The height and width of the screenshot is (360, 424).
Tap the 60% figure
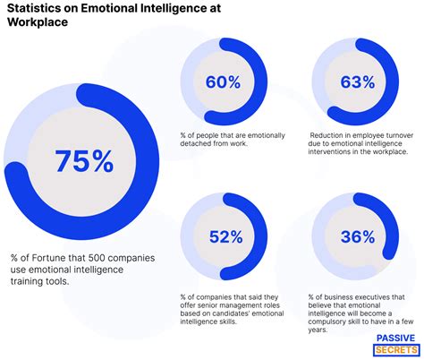(x=224, y=82)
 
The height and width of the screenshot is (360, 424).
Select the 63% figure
(x=357, y=82)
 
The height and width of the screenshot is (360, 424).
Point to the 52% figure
(x=225, y=236)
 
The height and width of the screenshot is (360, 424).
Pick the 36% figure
(x=357, y=236)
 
